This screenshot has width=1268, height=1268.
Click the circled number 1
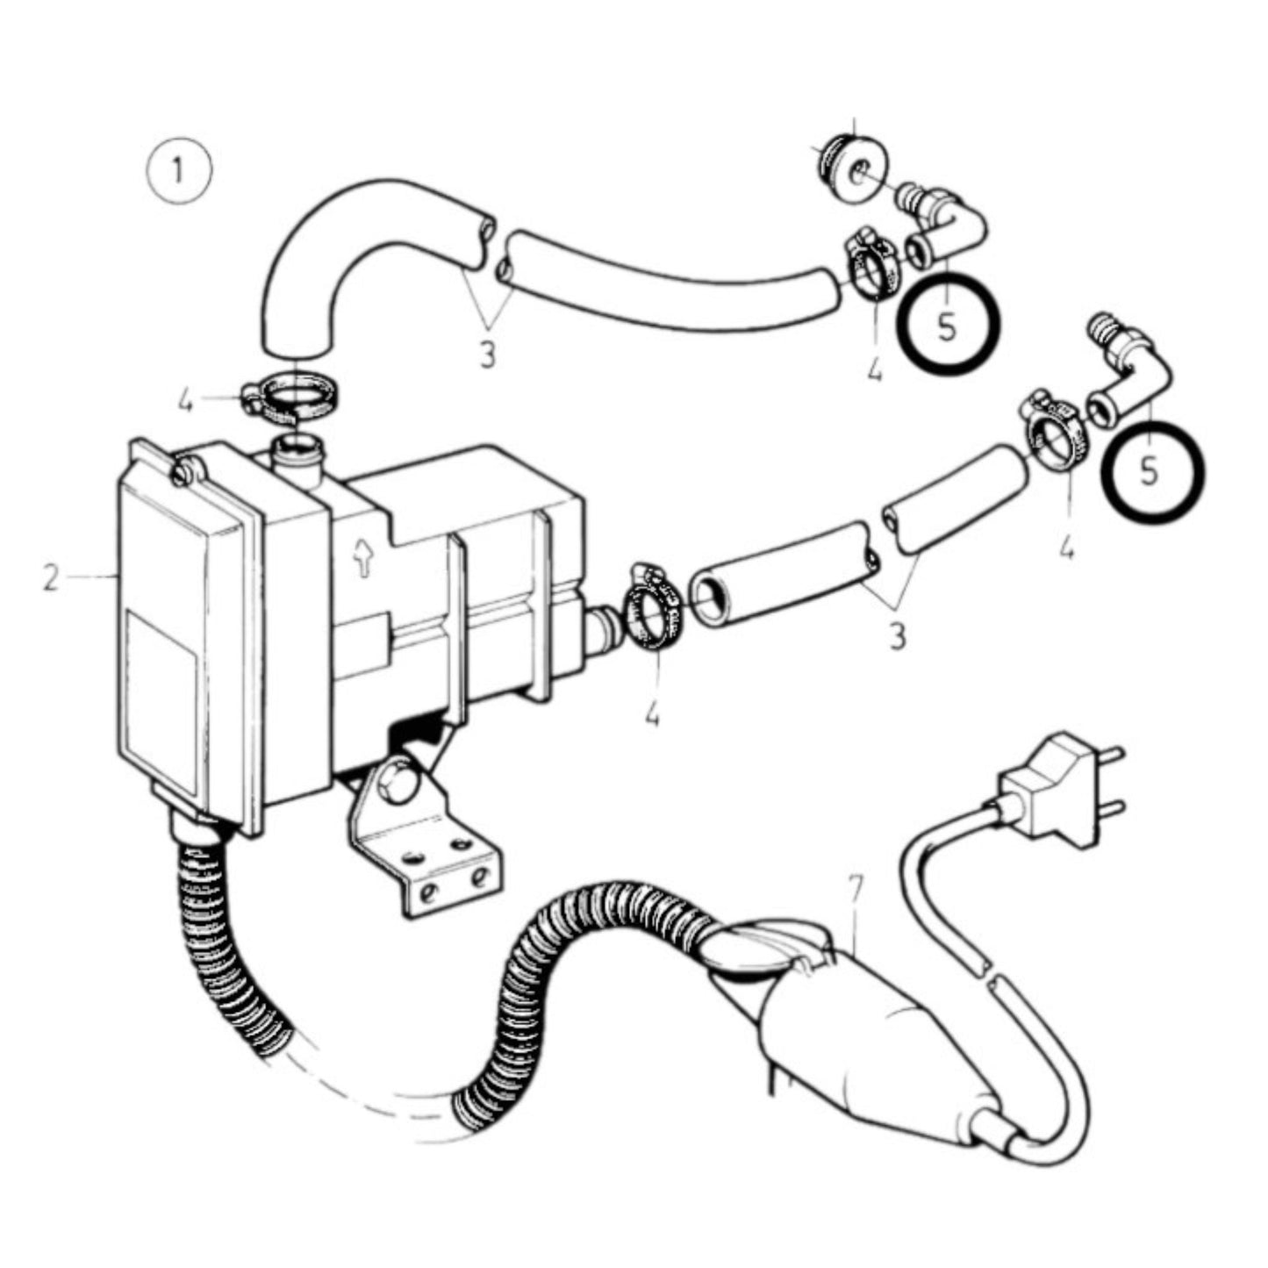(179, 171)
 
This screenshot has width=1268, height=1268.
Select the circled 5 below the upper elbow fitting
(948, 321)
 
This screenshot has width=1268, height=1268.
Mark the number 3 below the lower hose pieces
(897, 634)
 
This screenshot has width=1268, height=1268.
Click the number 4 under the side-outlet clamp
(651, 715)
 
